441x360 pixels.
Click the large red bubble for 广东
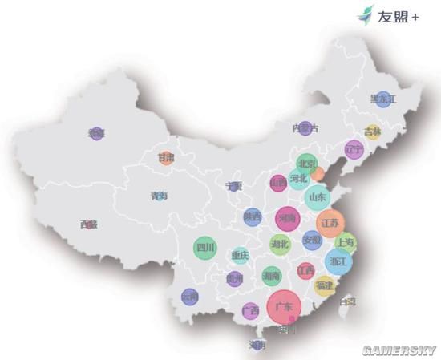283,307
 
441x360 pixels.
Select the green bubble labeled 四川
206,248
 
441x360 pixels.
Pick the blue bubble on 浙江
339,261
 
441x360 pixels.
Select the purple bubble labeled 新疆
97,134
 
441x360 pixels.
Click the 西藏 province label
89,224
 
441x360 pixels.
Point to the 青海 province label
160,195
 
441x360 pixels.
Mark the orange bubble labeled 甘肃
166,157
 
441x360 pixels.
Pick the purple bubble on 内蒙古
305,128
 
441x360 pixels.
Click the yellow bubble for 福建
324,285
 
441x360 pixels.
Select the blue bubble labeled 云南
189,297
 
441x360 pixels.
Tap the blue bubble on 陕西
253,216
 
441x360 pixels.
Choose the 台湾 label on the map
347,302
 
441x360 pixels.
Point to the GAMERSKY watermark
399,350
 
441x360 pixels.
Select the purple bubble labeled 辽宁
354,149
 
